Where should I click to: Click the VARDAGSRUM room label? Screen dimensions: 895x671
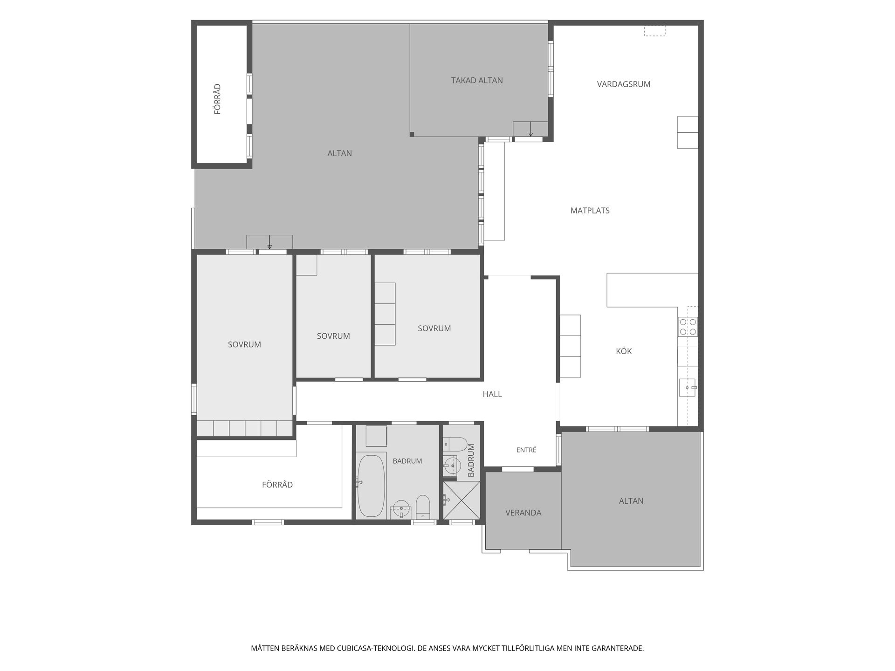pos(624,84)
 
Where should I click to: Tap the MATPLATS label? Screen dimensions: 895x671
pos(590,211)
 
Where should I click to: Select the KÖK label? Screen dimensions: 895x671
pos(624,351)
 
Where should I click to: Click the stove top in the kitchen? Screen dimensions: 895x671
pos(688,327)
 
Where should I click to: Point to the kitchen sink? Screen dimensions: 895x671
pos(688,387)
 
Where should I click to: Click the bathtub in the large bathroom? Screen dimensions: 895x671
pos(371,485)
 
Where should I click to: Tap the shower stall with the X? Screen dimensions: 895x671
pos(461,500)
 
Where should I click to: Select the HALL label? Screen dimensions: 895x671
pos(492,394)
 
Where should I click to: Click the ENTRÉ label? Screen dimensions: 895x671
pos(526,450)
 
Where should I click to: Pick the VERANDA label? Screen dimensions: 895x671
pos(523,513)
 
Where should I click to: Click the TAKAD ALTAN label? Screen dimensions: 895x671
pos(477,81)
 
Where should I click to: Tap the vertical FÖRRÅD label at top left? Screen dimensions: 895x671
pos(217,99)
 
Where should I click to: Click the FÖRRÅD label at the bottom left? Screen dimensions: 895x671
pos(277,485)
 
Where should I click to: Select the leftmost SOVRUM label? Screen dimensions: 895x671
pos(244,345)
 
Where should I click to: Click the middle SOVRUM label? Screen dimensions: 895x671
pos(333,336)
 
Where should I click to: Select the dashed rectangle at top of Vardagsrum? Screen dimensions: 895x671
pos(654,31)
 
